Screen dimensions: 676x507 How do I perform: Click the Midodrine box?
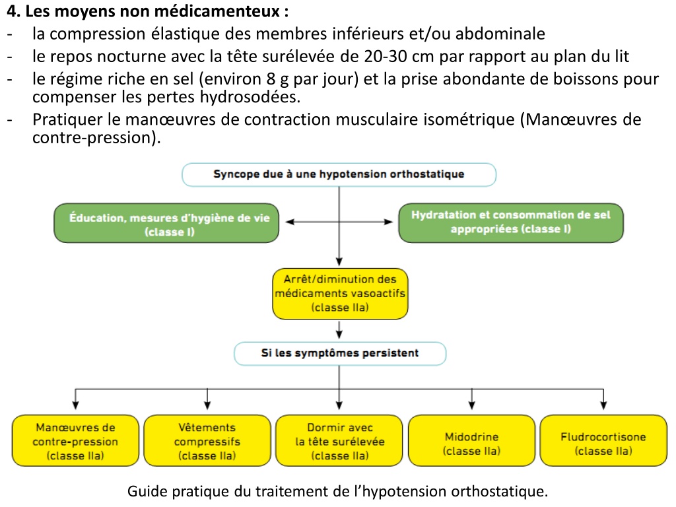471,440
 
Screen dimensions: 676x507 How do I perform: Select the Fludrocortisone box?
603,440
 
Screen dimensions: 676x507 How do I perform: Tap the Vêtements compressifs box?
207,440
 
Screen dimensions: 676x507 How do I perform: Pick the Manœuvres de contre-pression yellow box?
75,440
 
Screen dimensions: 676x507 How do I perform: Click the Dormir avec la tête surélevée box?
339,440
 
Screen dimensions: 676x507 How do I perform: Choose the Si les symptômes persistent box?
340,354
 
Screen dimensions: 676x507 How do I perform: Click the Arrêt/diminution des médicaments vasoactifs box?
340,294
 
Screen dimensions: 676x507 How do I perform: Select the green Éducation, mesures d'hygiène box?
166,223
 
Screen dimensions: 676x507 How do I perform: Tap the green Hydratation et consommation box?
511,223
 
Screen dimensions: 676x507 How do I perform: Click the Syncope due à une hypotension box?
339,174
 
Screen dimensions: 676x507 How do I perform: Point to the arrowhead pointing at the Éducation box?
290,222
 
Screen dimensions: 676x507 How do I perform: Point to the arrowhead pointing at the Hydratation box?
388,222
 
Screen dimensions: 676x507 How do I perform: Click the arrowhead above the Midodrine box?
471,405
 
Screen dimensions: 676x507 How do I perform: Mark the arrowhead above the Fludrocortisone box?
603,405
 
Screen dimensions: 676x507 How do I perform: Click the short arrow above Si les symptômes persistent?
339,329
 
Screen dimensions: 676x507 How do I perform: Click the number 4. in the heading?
13,12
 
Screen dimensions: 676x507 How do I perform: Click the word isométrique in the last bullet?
469,120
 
